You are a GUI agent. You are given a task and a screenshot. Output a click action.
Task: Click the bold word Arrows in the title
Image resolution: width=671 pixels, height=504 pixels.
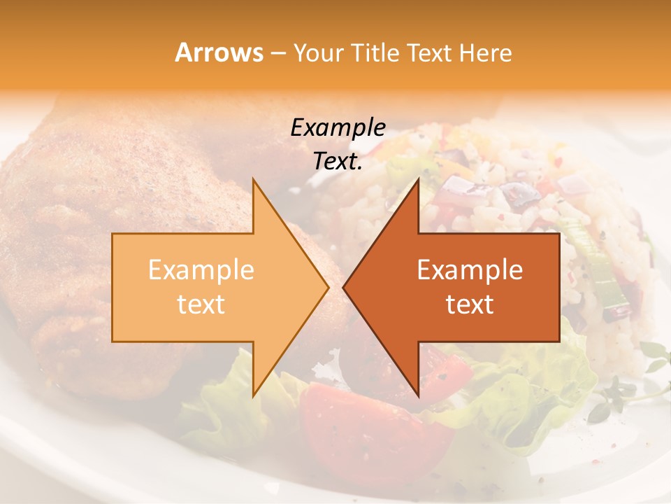tap(219, 52)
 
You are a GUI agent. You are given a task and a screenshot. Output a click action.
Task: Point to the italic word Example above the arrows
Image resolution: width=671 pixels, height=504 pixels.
tap(338, 127)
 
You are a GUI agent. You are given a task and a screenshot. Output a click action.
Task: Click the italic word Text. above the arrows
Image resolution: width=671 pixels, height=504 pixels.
tap(338, 161)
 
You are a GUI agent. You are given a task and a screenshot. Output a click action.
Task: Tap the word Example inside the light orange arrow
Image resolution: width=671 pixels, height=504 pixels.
tap(201, 270)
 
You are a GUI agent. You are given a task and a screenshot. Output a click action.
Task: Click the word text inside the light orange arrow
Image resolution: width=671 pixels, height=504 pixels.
tap(201, 304)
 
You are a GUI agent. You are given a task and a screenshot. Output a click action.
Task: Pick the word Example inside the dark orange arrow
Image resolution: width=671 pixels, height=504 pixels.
tap(470, 270)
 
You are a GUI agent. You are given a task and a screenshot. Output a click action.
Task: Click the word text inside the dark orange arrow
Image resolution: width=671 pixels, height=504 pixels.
tap(470, 304)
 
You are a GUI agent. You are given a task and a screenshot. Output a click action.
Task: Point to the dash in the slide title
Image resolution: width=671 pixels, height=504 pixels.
tap(277, 53)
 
